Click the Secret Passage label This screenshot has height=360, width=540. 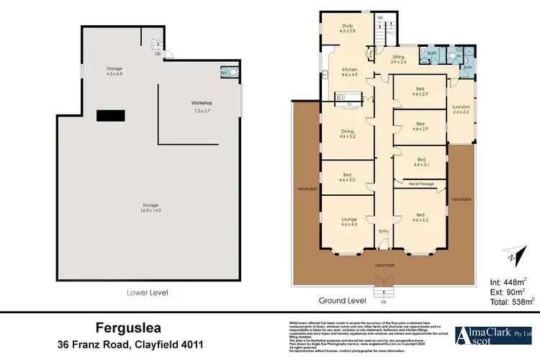(421, 184)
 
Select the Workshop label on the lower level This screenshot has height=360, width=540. (201, 107)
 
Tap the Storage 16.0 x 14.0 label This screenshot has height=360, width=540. (149, 207)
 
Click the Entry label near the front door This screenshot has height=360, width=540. (384, 230)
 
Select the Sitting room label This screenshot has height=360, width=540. (397, 60)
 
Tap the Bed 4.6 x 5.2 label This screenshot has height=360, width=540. (421, 217)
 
